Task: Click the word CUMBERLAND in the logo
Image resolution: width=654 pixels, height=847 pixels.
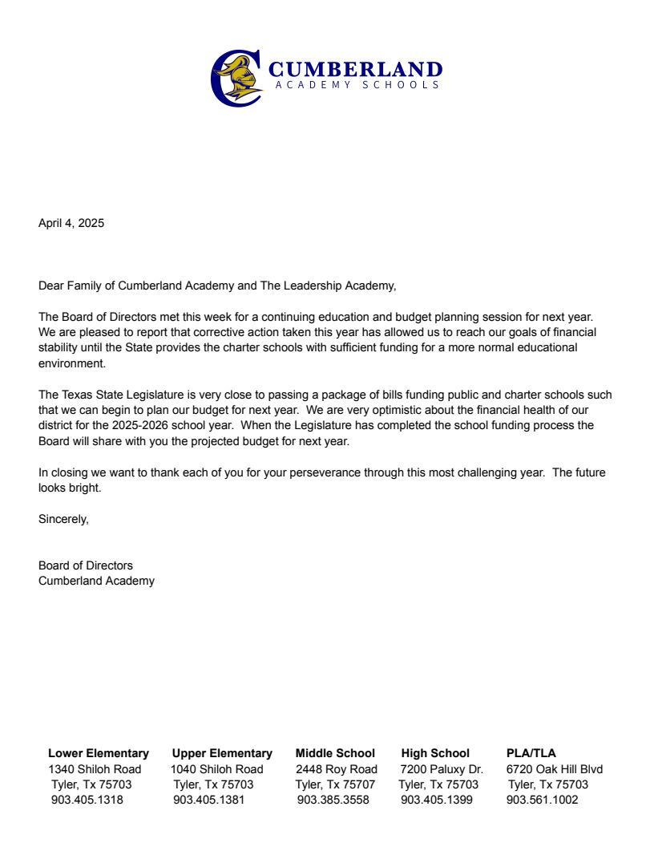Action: [356, 69]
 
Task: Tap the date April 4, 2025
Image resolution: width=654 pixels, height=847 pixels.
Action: [71, 223]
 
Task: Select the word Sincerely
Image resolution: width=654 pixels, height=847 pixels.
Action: [63, 519]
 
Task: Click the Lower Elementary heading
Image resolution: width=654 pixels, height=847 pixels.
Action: [99, 753]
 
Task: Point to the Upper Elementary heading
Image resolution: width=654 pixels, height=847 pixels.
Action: [222, 753]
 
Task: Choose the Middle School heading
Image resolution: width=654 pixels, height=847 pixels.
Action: [335, 753]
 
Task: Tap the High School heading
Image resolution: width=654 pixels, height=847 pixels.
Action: [435, 753]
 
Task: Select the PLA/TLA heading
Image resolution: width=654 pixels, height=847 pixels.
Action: [531, 753]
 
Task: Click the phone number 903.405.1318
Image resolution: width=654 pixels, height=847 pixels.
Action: [87, 800]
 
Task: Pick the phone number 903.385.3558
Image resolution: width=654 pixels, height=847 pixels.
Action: [333, 800]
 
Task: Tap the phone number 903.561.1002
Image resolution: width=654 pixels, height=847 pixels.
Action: [542, 800]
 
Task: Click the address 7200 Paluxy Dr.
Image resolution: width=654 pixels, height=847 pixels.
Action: [442, 769]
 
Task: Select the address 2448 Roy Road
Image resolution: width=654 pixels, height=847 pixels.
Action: [337, 769]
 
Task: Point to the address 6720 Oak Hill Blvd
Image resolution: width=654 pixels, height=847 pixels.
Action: [555, 769]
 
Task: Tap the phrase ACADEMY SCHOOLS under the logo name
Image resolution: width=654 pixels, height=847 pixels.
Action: [356, 84]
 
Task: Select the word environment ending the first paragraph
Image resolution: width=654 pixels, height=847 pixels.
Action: [71, 363]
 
